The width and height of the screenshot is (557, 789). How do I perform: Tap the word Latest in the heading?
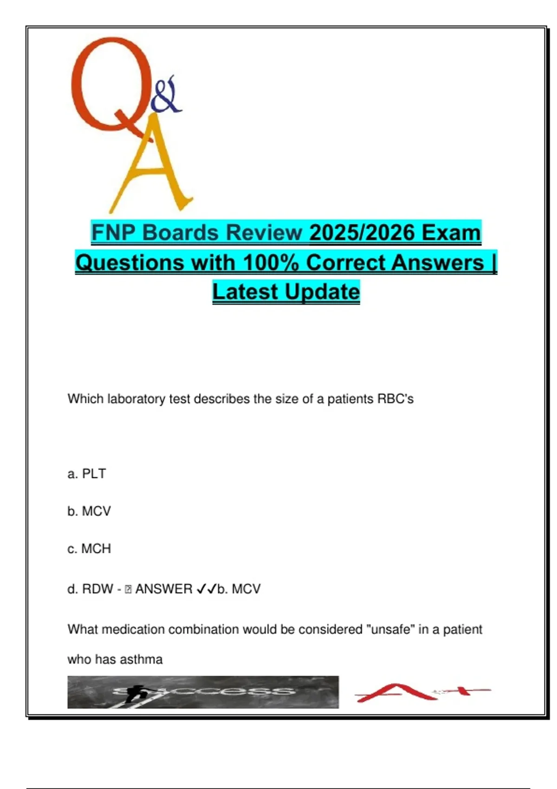[x=246, y=292]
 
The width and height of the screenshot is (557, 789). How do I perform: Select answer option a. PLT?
[x=87, y=474]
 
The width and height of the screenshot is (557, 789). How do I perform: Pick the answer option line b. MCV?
[x=89, y=511]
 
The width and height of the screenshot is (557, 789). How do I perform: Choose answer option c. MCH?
[x=89, y=549]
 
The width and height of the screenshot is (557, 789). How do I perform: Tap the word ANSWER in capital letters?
[x=164, y=589]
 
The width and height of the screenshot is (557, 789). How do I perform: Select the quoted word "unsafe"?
[x=390, y=629]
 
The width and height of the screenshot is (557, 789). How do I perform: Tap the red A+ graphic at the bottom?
[x=423, y=692]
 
